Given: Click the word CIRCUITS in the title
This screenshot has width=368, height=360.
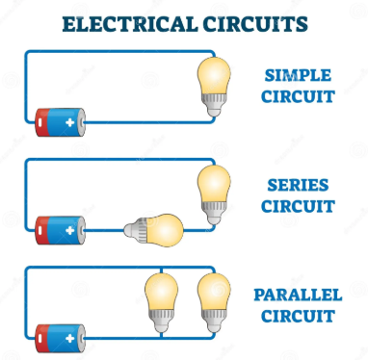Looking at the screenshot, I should [250, 23].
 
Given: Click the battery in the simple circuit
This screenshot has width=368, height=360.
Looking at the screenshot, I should [61, 122].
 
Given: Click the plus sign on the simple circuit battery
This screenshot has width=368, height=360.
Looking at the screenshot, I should [69, 122].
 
